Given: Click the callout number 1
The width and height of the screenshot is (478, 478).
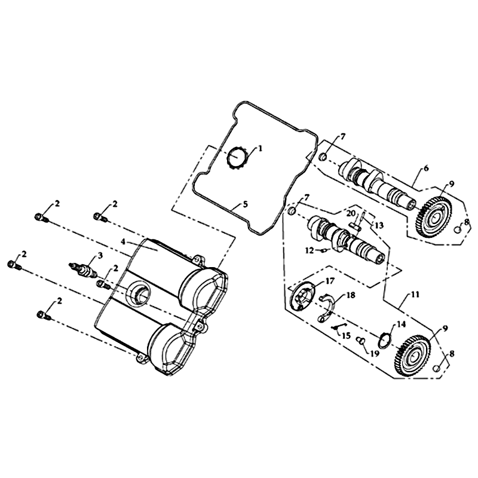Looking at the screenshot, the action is click(x=260, y=148).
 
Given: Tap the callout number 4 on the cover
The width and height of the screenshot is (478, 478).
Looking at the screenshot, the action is click(x=123, y=242).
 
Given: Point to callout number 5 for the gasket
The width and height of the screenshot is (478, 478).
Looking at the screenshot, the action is click(x=246, y=204).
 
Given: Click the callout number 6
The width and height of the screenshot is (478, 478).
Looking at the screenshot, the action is click(x=426, y=168).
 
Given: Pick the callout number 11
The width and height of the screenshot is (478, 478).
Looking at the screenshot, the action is click(x=415, y=295).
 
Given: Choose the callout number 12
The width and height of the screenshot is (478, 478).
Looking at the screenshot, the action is click(x=310, y=250).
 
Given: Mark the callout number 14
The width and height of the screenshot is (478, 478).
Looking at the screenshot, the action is click(x=402, y=324).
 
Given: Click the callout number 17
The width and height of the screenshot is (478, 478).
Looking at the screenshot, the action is click(x=330, y=280).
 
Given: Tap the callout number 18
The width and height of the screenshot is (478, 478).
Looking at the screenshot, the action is click(x=351, y=295).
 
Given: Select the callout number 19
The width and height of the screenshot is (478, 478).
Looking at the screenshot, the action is click(x=375, y=353).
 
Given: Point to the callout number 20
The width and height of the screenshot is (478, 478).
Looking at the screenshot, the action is click(x=351, y=213).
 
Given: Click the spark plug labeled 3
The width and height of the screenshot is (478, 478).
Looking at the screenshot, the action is click(x=83, y=268).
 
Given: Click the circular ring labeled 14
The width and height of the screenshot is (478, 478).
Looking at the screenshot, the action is click(x=385, y=341).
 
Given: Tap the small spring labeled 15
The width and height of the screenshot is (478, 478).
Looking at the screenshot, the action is click(x=337, y=327).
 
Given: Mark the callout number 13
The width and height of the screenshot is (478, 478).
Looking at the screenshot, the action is click(x=379, y=225).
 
